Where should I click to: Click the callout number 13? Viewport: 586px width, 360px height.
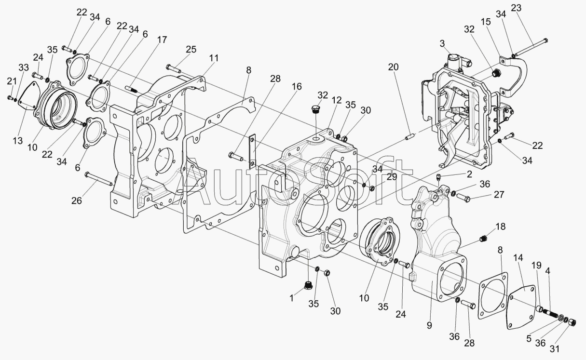pos(18,141)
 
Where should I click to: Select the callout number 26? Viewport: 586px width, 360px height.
pos(77,200)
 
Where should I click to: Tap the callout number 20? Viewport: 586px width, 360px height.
pos(393,67)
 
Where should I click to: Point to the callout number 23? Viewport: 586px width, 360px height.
pos(516,8)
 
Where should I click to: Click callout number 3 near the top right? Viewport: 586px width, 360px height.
pos(442,43)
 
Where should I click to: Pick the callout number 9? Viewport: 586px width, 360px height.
pos(429,325)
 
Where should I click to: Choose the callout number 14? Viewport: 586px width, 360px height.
pos(518,258)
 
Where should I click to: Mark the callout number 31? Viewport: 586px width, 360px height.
pos(554,349)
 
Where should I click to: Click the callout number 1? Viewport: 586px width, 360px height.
pos(292,298)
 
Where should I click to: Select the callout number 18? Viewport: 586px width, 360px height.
pos(501,227)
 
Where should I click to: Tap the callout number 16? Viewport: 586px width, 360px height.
pos(297,87)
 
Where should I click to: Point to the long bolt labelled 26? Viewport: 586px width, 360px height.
pos(98,179)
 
